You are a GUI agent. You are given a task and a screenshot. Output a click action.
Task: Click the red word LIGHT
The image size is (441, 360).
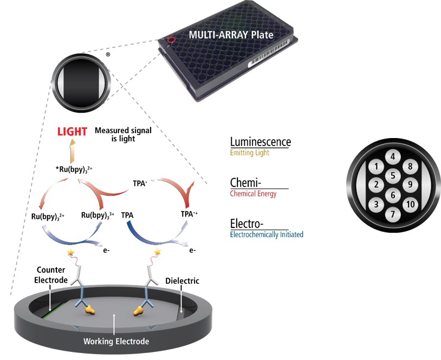72,132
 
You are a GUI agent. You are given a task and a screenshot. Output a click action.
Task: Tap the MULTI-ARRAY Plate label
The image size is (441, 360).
231,35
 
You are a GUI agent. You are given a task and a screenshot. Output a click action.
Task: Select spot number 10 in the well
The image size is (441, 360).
410,204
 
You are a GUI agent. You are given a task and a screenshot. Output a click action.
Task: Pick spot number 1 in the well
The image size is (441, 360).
375,167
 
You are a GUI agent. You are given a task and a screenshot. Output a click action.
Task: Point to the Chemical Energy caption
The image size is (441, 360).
253,194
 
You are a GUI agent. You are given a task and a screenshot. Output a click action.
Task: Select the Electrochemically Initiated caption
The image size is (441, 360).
267,235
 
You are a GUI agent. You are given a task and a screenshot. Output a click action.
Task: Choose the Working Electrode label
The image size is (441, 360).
116,342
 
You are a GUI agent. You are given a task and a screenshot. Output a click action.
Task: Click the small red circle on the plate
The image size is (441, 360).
172,40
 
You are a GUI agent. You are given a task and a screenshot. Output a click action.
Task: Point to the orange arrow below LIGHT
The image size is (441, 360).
72,148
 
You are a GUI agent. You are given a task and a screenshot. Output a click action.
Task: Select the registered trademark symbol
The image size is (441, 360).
108,55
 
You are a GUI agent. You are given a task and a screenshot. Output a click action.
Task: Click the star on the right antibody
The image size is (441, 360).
158,252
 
